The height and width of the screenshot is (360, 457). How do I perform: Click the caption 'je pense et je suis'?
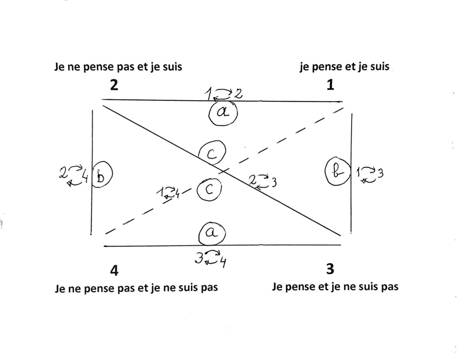tap(345, 66)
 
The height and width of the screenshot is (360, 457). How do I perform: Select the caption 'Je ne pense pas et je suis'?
tap(118, 67)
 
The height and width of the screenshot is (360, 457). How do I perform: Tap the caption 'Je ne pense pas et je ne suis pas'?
tap(136, 289)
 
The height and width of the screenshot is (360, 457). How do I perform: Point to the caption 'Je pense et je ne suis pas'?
tap(335, 287)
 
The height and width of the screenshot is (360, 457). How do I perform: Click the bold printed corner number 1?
tap(330, 85)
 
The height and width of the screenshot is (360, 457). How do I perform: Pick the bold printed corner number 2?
tap(114, 85)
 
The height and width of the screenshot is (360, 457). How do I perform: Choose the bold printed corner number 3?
tap(330, 269)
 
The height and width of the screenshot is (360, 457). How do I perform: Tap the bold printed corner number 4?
tap(114, 270)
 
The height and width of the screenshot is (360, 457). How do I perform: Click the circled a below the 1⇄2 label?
tap(223, 113)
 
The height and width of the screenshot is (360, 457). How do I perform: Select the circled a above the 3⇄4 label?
tap(212, 233)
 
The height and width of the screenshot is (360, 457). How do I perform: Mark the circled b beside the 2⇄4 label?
tap(102, 174)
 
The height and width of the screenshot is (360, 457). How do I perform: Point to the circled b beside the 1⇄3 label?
tap(338, 171)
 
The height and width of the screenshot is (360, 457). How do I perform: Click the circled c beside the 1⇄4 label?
tap(209, 190)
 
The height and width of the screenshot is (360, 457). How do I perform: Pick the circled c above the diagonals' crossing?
tap(212, 153)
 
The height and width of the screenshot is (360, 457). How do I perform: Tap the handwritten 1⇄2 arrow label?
tap(223, 94)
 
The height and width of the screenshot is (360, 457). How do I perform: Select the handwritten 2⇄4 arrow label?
tap(74, 175)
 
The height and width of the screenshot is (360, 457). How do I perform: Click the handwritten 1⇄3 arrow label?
tap(369, 174)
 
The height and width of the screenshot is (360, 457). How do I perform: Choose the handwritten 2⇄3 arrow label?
tap(263, 182)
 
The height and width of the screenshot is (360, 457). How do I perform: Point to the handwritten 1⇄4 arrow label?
tap(168, 193)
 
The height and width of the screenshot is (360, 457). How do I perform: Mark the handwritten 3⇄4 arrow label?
tap(211, 258)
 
